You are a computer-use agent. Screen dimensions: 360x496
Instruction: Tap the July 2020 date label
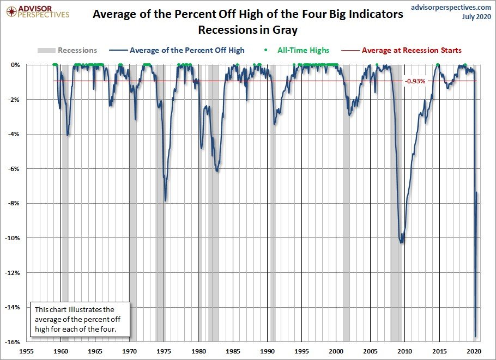pos(476,17)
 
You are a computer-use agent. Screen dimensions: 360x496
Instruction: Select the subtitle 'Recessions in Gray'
pos(247,29)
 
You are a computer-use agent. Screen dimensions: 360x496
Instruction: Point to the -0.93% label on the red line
pos(415,81)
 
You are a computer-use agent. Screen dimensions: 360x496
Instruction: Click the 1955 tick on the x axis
pos(27,351)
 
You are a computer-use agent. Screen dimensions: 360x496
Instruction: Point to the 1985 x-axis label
pos(233,351)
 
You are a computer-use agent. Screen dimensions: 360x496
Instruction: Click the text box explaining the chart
pos(80,319)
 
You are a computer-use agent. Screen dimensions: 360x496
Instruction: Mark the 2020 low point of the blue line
pos(475,337)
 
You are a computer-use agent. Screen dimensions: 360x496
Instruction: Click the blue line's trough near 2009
pos(402,242)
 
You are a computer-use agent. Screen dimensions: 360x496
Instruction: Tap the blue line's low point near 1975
pos(165,200)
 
